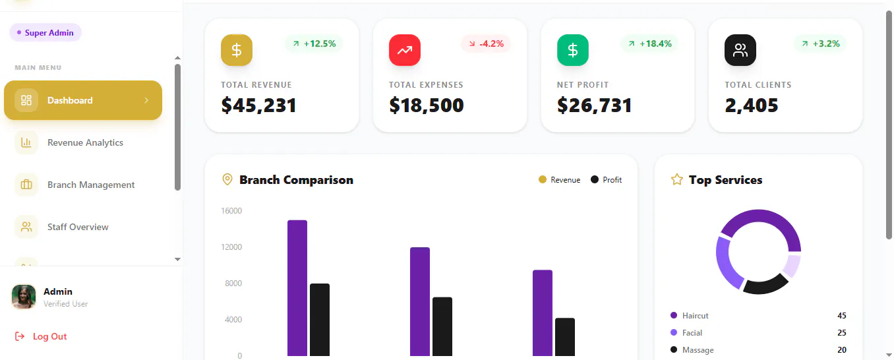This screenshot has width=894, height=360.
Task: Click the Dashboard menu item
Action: coord(83,100)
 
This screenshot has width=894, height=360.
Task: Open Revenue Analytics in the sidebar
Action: coord(85,142)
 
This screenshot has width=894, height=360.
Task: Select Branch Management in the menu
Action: coord(91,185)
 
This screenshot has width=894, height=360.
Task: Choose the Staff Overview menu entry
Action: coord(78,227)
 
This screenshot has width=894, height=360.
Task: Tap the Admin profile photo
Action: coord(24,297)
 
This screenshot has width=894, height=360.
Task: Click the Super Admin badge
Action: coord(45,33)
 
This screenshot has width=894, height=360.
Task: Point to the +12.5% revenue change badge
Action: coord(314,44)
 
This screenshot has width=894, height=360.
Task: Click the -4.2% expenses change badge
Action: coord(486,44)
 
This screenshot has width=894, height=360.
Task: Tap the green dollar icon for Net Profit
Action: coord(573,50)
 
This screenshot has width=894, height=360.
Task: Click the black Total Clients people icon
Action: coord(740,50)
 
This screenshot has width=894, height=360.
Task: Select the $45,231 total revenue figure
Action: coord(259,105)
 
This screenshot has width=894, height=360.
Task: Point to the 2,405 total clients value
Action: coord(752,105)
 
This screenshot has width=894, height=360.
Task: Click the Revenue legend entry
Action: coord(559,180)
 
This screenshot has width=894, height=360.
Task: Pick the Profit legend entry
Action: coord(607,180)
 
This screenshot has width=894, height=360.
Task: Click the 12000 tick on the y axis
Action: coord(231,247)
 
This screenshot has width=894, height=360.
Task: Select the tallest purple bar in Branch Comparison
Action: coord(297,287)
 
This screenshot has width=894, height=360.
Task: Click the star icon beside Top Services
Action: coord(677,179)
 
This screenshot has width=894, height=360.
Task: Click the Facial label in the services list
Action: coord(692,333)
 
